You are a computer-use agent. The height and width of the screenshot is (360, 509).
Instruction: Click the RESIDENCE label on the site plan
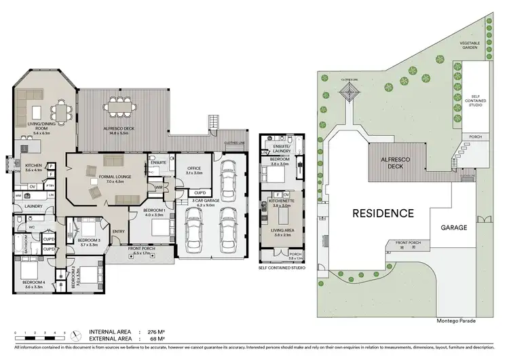pyautogui.click(x=383, y=213)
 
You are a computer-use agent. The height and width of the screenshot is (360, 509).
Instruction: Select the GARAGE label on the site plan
pyautogui.click(x=454, y=228)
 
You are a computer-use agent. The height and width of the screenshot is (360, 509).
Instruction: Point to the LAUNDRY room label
pyautogui.click(x=34, y=206)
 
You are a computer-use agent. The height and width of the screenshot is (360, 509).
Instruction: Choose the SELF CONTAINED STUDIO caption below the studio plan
pyautogui.click(x=281, y=268)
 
